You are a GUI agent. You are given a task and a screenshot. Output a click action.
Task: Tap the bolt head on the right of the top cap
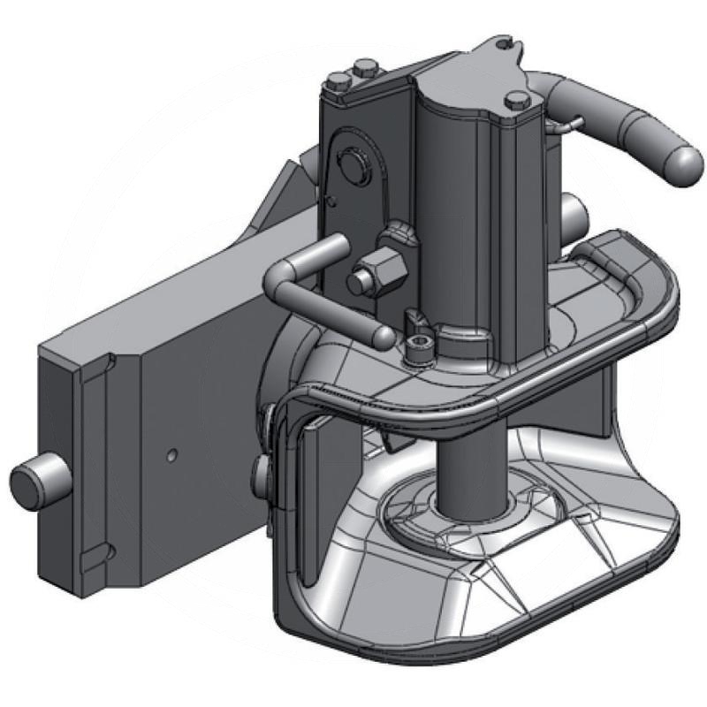pos(520,101)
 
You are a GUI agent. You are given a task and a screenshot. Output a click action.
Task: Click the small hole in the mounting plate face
pos(173,456)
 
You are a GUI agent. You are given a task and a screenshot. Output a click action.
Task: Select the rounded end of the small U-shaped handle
pos(383,335)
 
